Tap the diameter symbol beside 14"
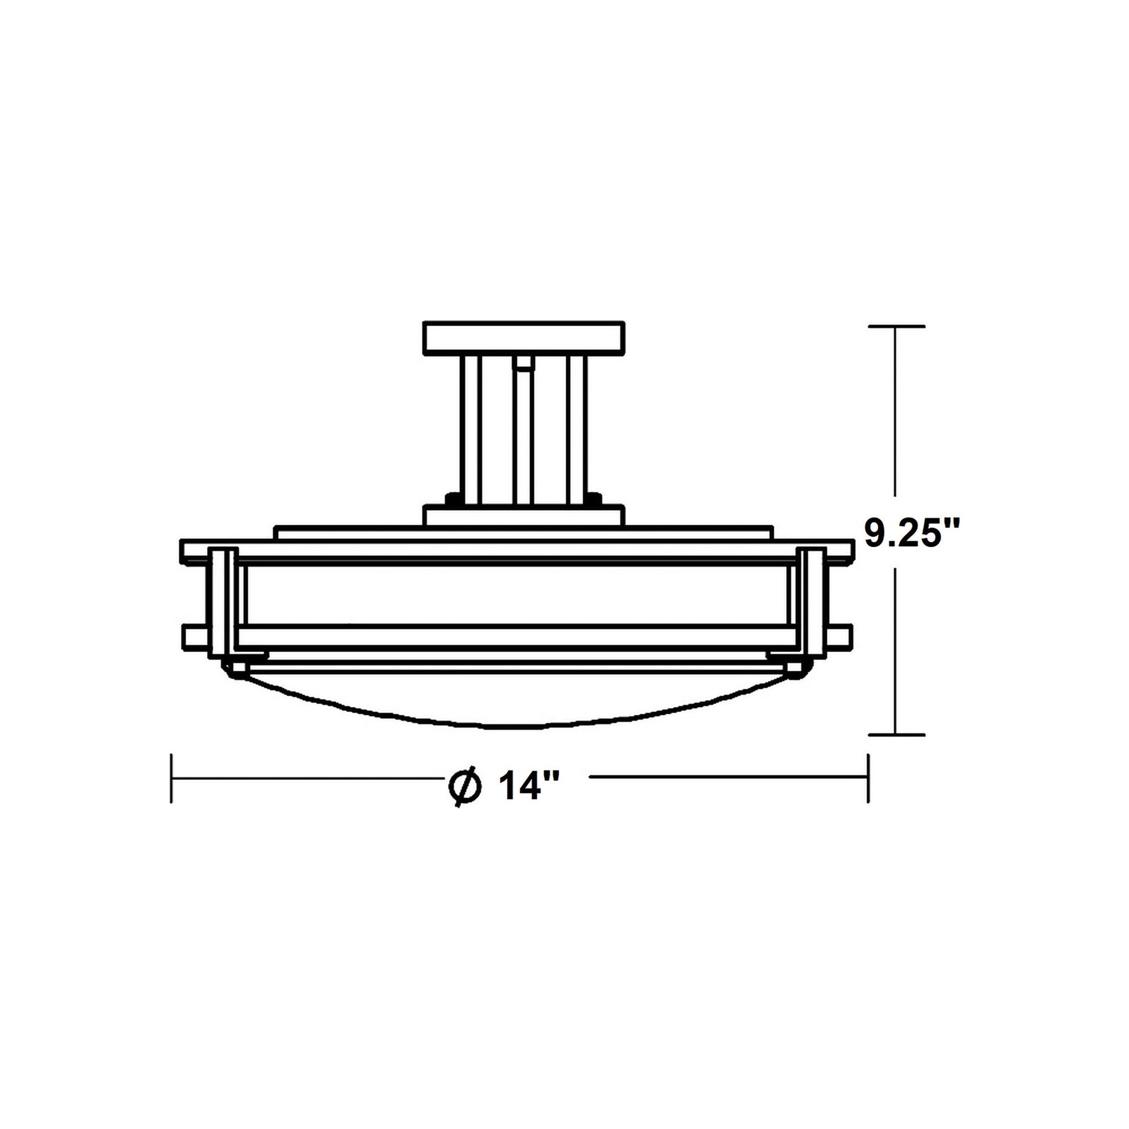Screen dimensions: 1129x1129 465,787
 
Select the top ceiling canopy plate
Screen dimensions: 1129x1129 523,338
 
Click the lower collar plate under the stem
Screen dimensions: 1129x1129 523,515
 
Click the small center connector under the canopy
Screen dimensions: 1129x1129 523,365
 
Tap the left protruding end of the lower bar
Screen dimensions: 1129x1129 195,637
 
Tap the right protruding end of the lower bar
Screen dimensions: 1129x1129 839,637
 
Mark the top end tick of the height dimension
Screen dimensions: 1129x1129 896,326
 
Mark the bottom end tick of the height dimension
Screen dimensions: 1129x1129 896,734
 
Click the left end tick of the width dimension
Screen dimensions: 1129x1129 171,778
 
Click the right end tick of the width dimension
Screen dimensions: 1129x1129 868,778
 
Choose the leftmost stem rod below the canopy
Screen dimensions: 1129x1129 471,429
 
